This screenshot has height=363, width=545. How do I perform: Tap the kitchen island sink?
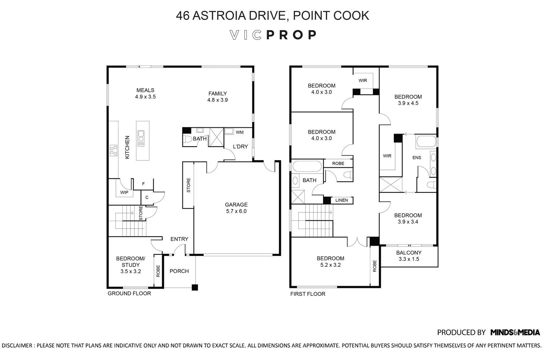[141, 138]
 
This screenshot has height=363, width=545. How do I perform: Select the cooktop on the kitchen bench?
[113, 151]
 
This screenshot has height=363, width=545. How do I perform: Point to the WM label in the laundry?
[240, 132]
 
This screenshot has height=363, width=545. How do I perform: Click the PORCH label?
[179, 271]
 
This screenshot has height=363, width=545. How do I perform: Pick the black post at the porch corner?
[195, 287]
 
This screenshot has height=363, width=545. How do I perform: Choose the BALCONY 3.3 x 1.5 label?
[409, 256]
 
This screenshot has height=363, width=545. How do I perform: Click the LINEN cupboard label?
[342, 200]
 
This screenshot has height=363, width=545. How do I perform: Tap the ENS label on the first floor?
[416, 158]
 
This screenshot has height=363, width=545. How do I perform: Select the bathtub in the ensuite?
[426, 142]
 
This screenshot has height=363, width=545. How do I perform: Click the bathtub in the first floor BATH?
[307, 167]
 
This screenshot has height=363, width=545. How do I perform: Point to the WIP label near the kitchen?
[124, 192]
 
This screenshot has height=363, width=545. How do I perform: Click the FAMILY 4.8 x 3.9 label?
[218, 97]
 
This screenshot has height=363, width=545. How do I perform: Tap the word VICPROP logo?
[273, 35]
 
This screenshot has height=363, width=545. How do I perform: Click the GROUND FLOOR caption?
[129, 293]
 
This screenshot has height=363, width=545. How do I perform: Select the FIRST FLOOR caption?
[308, 294]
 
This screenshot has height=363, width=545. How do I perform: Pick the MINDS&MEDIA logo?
[515, 333]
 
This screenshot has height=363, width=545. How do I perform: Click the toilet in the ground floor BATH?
[187, 139]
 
